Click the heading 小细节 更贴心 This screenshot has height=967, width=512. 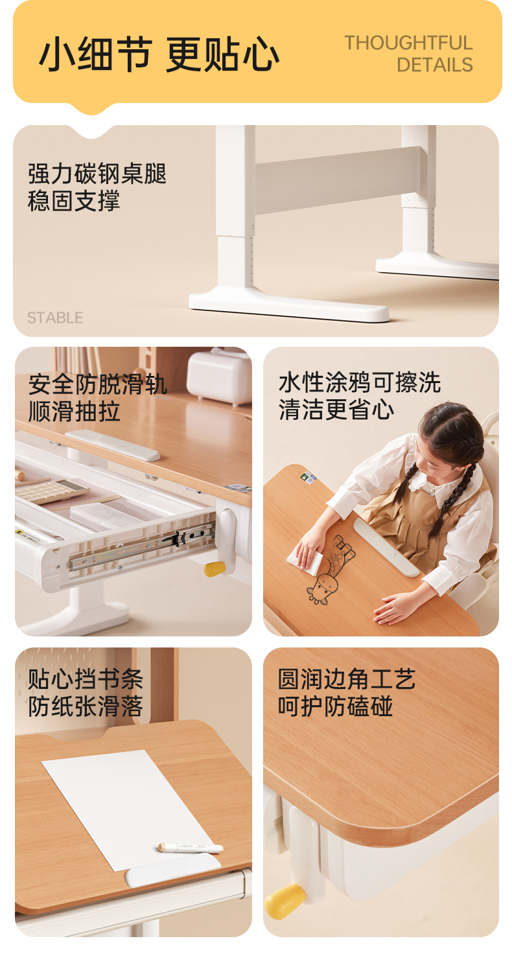(x=159, y=54)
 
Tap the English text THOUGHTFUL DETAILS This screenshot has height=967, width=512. (x=408, y=54)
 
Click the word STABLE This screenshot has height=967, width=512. (x=55, y=318)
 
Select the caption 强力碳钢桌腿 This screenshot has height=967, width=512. (x=97, y=174)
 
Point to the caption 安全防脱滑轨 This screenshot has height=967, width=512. (x=98, y=384)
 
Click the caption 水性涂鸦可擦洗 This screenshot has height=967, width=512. (x=360, y=382)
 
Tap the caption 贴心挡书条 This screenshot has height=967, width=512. (x=86, y=679)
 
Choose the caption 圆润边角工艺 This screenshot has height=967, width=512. (x=347, y=679)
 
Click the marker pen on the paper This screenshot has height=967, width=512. (x=190, y=847)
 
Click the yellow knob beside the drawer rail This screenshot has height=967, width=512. (x=215, y=569)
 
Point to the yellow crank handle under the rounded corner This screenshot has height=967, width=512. (x=285, y=901)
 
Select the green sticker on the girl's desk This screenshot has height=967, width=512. (x=308, y=476)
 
